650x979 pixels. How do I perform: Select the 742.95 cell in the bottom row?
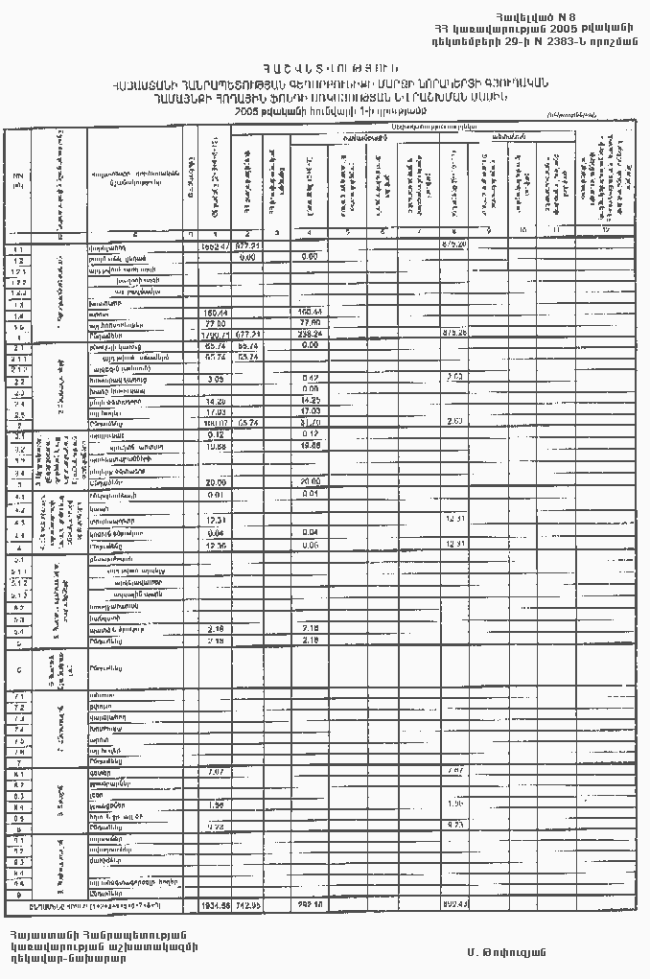click(x=247, y=904)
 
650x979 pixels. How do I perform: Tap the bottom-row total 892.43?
click(x=453, y=904)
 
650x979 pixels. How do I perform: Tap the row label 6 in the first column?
click(x=19, y=668)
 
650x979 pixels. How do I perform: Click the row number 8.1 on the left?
click(x=19, y=772)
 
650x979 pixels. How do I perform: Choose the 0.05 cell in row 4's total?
click(x=310, y=545)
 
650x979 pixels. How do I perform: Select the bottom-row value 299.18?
click(x=310, y=904)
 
